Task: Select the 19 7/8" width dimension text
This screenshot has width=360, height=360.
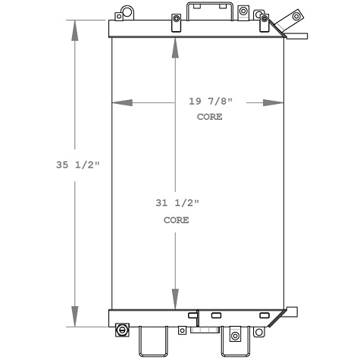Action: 210,102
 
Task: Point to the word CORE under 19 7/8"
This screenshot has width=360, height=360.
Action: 210,117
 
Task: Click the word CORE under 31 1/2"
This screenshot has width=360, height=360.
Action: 176,220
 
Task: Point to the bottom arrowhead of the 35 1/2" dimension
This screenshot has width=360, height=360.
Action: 76,318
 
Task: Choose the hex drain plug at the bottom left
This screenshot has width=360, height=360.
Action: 122,330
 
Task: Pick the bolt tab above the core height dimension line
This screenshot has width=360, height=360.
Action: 176,20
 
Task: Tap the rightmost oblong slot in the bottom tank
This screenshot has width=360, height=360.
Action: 265,315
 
